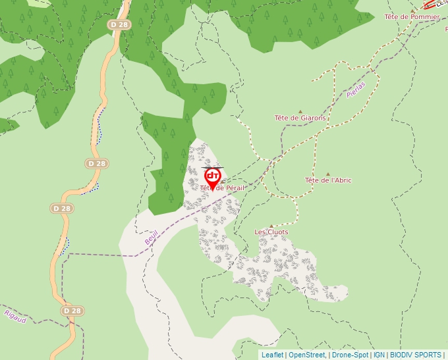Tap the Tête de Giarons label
[x=300, y=118]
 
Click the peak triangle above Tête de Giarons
[x=300, y=111]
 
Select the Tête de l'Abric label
[x=328, y=180]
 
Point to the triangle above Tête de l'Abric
[x=327, y=173]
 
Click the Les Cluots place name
[x=271, y=232]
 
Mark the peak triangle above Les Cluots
[x=271, y=225]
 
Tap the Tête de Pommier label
[x=412, y=16]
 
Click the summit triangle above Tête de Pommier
[x=412, y=10]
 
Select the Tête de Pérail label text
[x=222, y=188]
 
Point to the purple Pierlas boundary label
[x=356, y=90]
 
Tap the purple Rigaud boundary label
[x=14, y=317]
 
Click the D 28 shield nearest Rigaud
[x=72, y=310]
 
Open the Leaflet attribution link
[x=272, y=355]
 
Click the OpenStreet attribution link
[x=308, y=355]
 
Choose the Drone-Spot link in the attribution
[x=350, y=355]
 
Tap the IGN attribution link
[x=379, y=355]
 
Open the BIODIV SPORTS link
[x=415, y=355]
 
